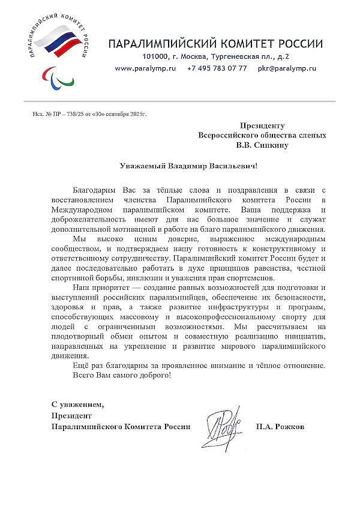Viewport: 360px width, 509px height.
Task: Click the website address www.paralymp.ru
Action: [145, 68]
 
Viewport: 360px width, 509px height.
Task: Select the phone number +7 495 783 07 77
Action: [217, 68]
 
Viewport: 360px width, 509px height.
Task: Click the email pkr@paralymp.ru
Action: [287, 68]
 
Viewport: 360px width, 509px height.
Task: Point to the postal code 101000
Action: [154, 56]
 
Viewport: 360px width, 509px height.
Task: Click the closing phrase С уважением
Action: [73, 403]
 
